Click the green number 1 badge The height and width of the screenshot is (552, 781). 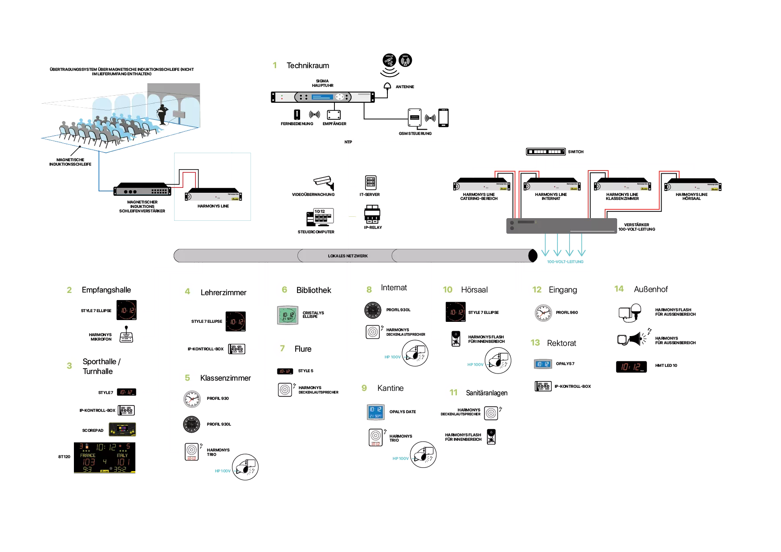point(274,65)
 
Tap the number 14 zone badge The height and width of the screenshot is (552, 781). point(618,289)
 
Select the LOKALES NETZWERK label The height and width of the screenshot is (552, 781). point(348,256)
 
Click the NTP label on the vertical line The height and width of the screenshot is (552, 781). point(348,142)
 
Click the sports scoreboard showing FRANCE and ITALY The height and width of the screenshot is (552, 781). point(105,457)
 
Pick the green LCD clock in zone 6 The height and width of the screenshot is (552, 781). point(286,315)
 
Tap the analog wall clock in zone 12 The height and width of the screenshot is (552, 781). point(543,313)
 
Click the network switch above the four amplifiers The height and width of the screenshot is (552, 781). point(546,152)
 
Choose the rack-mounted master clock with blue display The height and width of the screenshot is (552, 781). point(323,97)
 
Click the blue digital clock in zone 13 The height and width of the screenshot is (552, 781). point(542,364)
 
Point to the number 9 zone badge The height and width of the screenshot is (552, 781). point(364,388)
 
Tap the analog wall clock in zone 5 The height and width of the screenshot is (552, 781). point(192,399)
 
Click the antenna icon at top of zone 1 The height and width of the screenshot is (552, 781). point(405,61)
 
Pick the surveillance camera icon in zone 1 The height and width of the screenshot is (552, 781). point(322,180)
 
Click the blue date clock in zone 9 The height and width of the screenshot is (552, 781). point(375,412)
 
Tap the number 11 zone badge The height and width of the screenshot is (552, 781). point(453,392)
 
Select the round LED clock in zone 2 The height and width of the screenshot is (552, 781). point(126,310)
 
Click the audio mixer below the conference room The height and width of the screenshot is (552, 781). point(142,191)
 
